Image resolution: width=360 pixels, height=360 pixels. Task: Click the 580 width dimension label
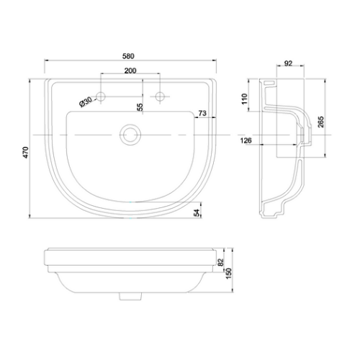(130, 55)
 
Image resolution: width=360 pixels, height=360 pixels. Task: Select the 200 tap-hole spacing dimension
(130, 71)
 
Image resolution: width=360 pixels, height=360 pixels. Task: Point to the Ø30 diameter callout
(87, 102)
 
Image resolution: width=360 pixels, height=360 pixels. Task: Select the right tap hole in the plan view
(159, 96)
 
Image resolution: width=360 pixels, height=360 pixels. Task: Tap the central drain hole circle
(130, 135)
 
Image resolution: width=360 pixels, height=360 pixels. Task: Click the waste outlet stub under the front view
(130, 295)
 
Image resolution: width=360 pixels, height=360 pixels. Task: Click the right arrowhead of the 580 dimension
(213, 61)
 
